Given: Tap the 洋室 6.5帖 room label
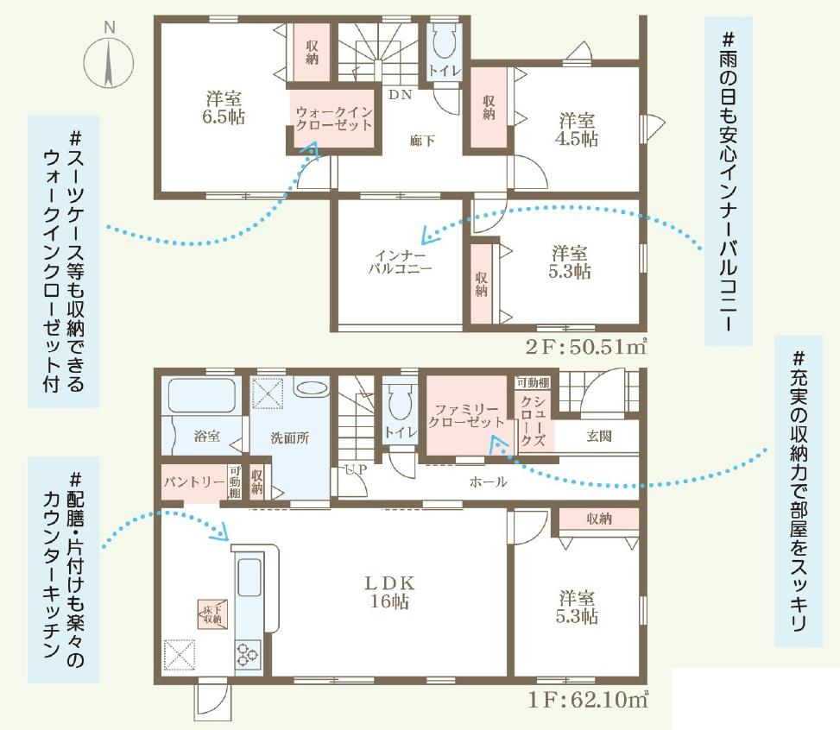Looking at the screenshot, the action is pos(224,107).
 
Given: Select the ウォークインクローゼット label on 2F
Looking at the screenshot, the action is pos(334,119).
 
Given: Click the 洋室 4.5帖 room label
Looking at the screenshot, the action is pos(577,129).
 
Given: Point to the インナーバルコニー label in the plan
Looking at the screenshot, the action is pos(400,262).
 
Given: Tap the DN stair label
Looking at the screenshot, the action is pos(401,95).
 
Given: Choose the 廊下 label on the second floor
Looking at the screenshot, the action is pos(422,141).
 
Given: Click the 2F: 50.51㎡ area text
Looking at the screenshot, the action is pos(585,347).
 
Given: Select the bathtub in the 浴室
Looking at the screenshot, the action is pos(201,395).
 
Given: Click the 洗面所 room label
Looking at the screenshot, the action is pos(290,437).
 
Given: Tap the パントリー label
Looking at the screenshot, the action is pos(194,481).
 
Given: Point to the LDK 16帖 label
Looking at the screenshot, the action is pos(389,592).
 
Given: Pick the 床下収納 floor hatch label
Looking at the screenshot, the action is pos(212,614).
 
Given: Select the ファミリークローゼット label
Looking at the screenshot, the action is pos(466,416).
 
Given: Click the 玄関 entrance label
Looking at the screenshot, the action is pos(599,436).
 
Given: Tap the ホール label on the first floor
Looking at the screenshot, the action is pos(488,481).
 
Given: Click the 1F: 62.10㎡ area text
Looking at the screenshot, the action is pos(588,700).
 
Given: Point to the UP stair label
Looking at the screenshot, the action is pos(357,469).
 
